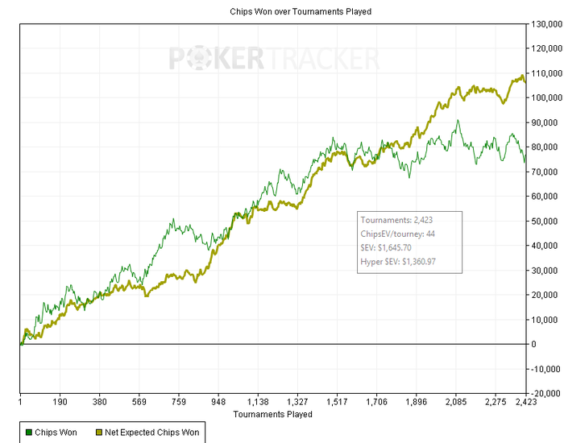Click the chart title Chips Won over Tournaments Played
(283, 11)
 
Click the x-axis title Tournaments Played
(272, 414)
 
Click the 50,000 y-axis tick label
(545, 221)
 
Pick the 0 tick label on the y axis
(533, 344)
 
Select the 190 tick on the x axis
(60, 401)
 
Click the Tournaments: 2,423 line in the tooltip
(398, 219)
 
